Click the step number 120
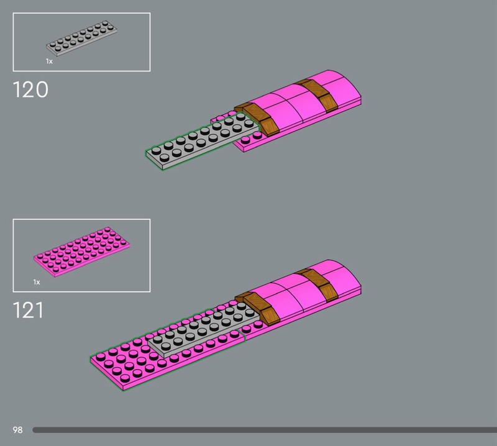30,89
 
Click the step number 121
28,310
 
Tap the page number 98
18,430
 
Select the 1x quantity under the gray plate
49,61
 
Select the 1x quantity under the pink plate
37,282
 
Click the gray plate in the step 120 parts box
81,38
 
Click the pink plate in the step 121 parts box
82,252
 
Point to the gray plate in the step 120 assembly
203,141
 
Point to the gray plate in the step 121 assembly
203,330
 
